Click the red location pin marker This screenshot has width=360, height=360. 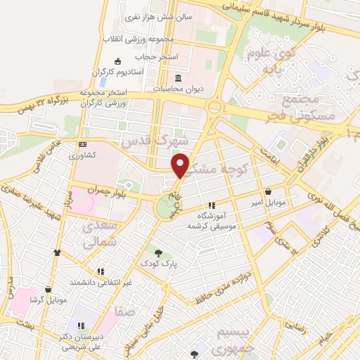[181, 165]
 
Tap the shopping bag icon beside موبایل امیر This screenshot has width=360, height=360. [269, 191]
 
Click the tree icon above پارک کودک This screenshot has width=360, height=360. [158, 253]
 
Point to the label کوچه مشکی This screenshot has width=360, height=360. [219, 160]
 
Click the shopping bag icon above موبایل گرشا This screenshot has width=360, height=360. [48, 289]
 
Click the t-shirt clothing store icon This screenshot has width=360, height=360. [57, 252]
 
